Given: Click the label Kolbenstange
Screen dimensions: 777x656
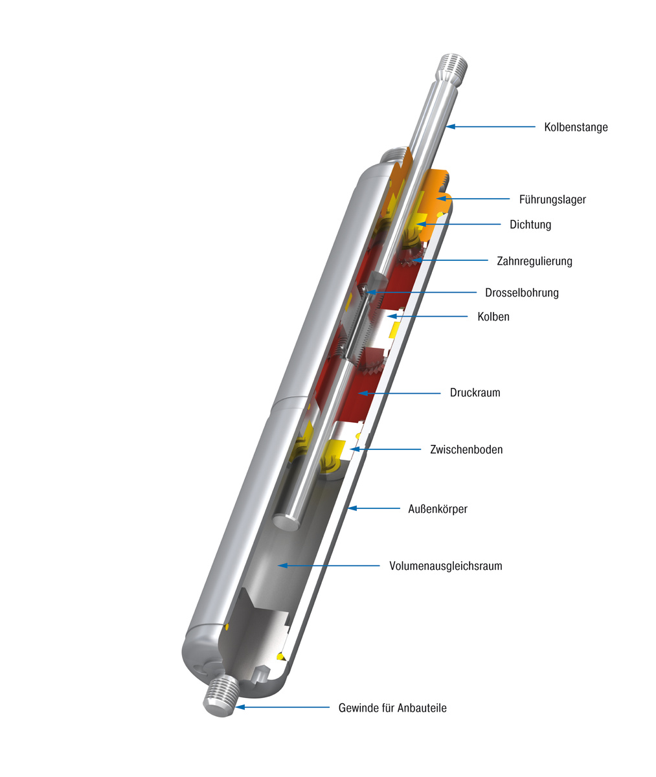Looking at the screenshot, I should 575,127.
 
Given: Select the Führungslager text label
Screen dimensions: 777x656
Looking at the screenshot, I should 552,199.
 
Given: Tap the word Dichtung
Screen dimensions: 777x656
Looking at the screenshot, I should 530,225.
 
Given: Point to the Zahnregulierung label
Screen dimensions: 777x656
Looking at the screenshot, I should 534,261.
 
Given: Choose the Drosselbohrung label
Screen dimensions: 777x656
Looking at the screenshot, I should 521,293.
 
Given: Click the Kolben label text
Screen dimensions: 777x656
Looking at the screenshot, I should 493,317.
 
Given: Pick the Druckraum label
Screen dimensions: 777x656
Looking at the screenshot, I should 475,392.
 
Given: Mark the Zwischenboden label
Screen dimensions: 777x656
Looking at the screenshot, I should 466,449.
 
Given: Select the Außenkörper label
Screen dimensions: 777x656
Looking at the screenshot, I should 437,509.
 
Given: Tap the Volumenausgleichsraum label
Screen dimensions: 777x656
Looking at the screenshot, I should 445,566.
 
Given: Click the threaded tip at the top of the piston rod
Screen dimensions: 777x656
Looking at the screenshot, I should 453,67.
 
